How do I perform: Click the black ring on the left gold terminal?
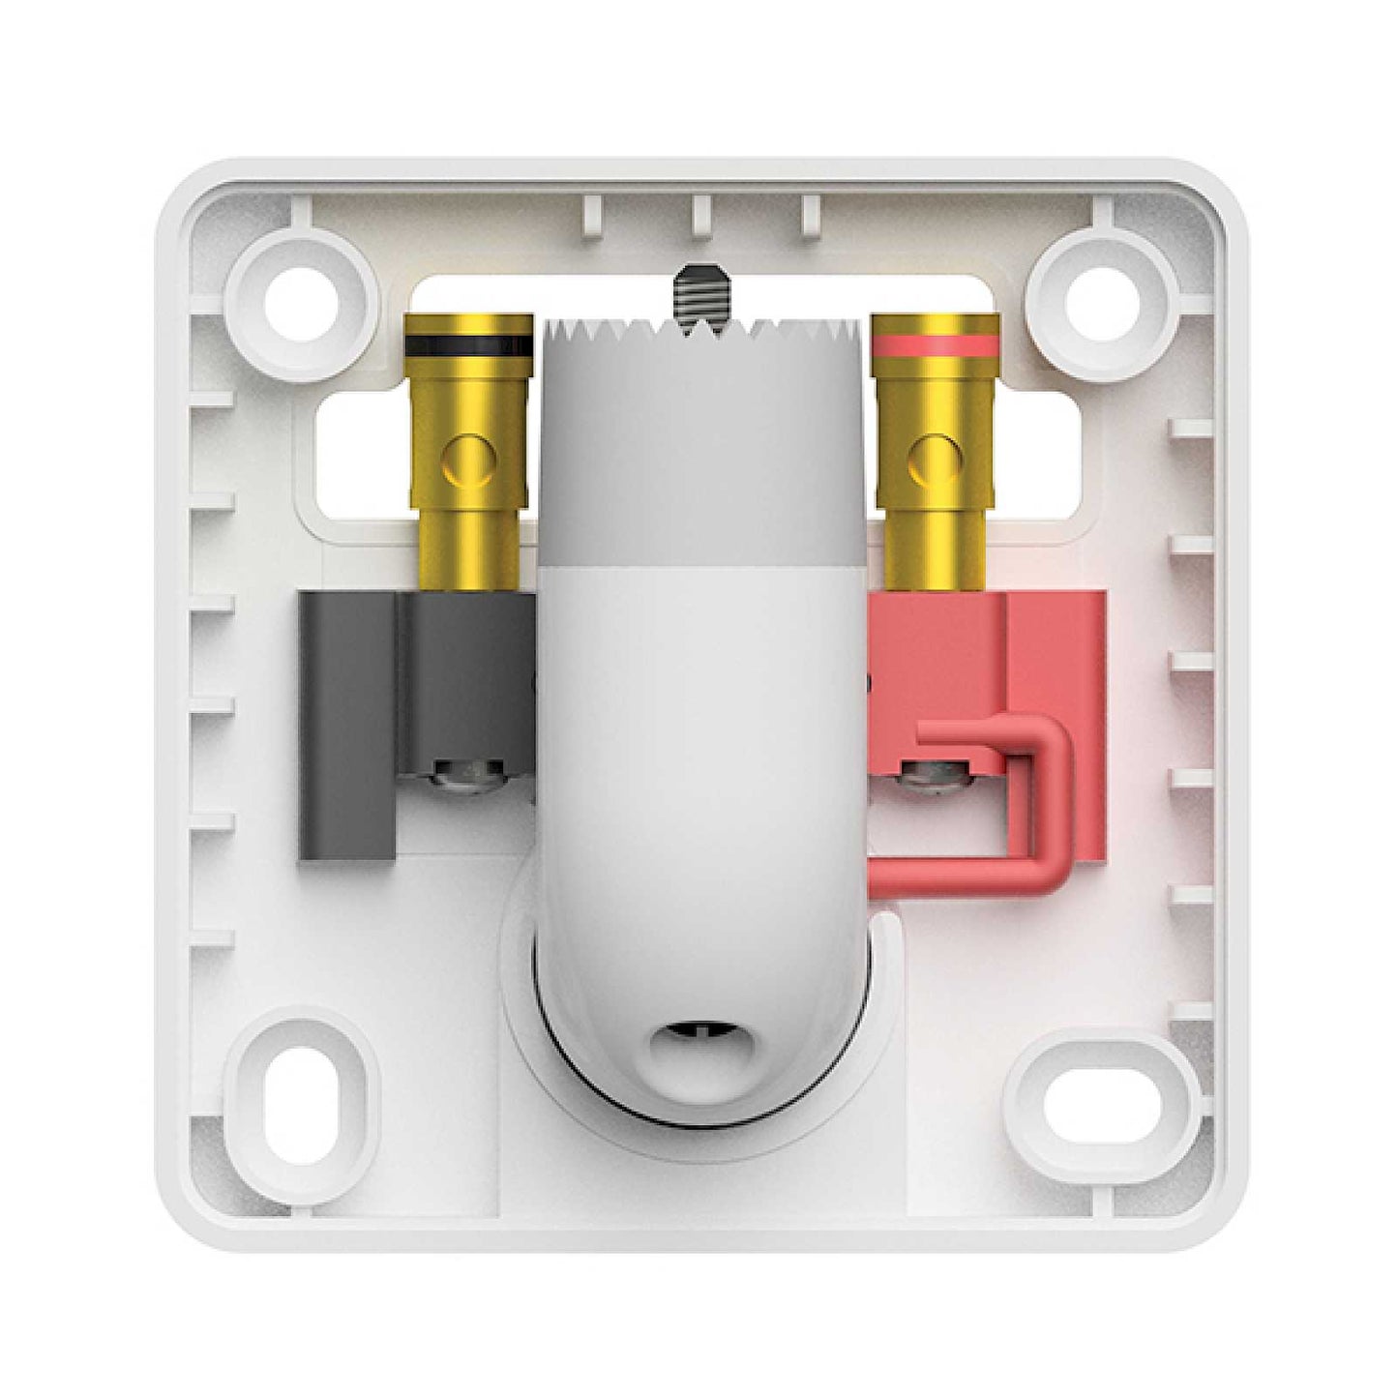tap(468, 344)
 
